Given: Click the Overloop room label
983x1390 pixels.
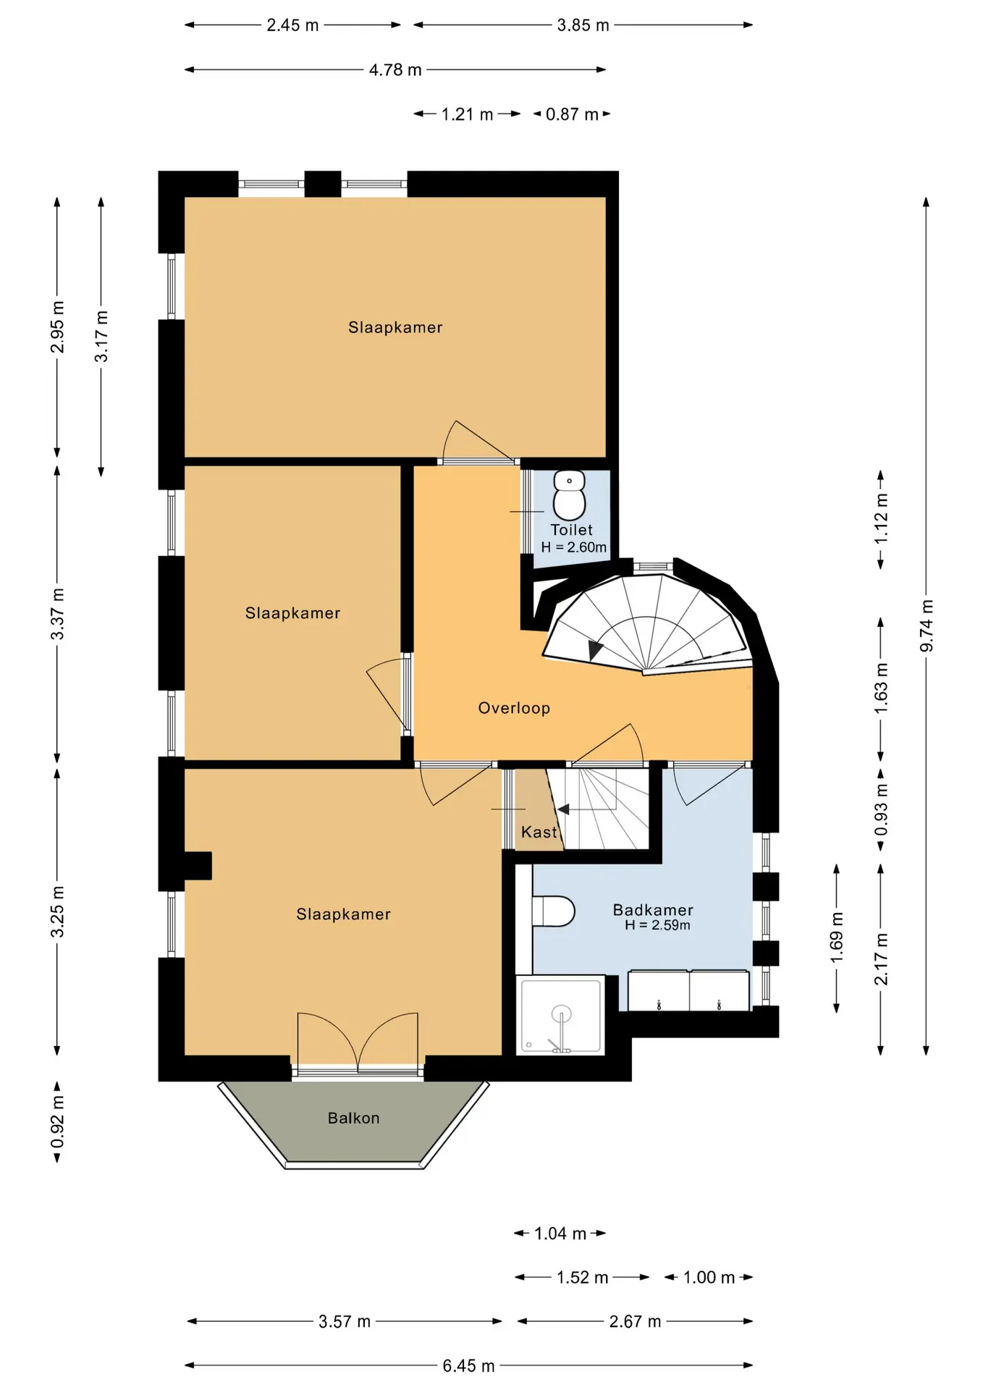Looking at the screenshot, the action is tap(514, 708).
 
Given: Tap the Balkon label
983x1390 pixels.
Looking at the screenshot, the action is tap(353, 1118).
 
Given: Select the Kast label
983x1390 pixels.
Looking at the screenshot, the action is tap(539, 832).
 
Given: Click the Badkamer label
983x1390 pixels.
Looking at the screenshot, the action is tap(653, 910).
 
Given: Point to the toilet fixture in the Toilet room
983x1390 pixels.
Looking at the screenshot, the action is tap(570, 495).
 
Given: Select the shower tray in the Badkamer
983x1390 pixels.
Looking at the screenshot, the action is tap(560, 1014).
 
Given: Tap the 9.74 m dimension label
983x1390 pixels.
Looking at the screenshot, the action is tap(927, 625).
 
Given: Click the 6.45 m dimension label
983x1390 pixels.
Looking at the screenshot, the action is tap(469, 1365).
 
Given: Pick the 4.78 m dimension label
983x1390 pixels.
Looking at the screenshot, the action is tap(395, 69).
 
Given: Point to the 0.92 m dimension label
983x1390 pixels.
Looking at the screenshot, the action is tap(57, 1122).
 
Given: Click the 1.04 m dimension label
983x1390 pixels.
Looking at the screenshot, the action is tap(560, 1233).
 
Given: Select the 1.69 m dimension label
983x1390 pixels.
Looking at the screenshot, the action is tap(837, 938).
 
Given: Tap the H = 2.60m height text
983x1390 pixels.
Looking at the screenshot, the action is tap(574, 547).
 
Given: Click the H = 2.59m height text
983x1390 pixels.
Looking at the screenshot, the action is tap(657, 925).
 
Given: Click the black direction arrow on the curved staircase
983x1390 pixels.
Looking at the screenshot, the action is tap(596, 649).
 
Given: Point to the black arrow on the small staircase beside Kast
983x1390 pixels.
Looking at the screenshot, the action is tap(563, 809).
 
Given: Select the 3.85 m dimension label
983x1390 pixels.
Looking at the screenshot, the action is tap(583, 25).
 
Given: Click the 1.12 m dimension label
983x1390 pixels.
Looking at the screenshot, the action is tap(881, 519).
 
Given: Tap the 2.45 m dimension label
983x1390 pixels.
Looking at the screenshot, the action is tap(292, 25).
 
